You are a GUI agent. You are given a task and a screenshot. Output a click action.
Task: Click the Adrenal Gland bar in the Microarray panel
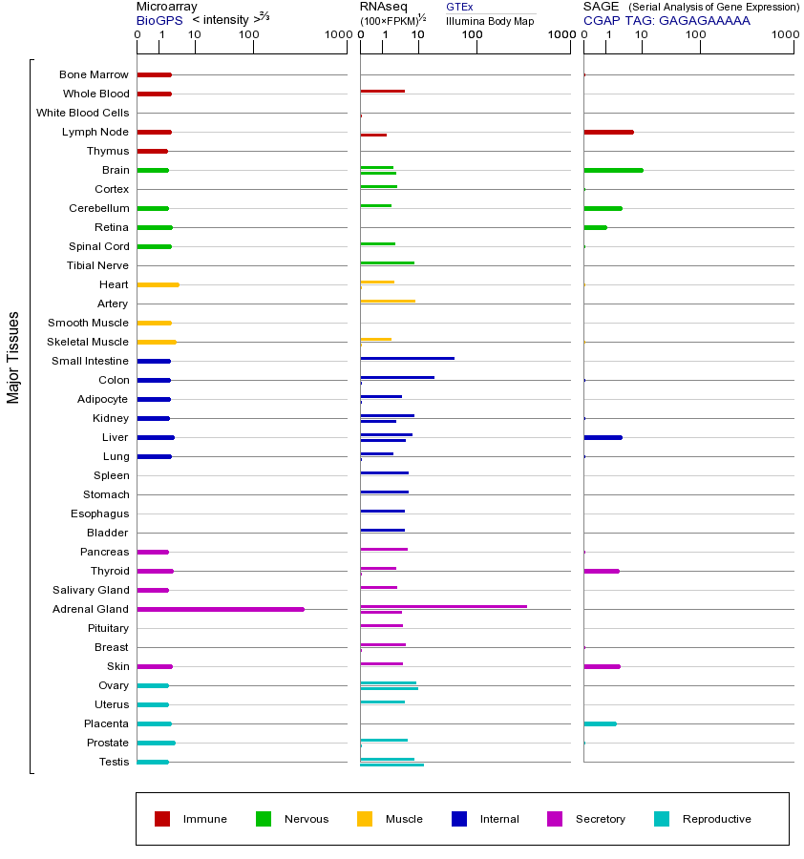pyautogui.click(x=221, y=609)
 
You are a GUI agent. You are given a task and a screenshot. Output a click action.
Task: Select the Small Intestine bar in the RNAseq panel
pyautogui.click(x=407, y=358)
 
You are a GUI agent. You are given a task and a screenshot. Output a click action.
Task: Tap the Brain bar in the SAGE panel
pyautogui.click(x=613, y=170)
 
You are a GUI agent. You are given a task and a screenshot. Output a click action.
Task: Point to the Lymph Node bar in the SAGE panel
pyautogui.click(x=608, y=132)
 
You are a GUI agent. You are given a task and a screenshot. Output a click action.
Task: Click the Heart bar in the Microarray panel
pyautogui.click(x=158, y=284)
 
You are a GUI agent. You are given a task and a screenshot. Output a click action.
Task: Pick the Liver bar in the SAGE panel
pyautogui.click(x=603, y=437)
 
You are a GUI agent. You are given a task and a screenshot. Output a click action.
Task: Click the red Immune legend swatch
pyautogui.click(x=162, y=819)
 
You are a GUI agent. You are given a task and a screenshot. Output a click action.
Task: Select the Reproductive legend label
pyautogui.click(x=716, y=819)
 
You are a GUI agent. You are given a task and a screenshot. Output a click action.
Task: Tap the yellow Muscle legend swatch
pyautogui.click(x=365, y=819)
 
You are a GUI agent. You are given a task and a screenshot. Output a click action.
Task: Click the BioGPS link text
pyautogui.click(x=158, y=20)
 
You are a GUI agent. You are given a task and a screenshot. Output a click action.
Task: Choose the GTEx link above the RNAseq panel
pyautogui.click(x=459, y=7)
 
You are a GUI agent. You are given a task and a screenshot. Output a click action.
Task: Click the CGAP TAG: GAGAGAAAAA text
pyautogui.click(x=666, y=20)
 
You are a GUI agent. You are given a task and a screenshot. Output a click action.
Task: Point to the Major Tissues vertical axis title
pyautogui.click(x=13, y=357)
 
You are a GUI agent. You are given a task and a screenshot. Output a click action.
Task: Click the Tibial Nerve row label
pyautogui.click(x=97, y=265)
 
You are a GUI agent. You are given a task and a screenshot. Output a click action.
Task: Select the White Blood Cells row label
pyautogui.click(x=82, y=113)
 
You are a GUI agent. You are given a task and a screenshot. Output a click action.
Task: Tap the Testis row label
pyautogui.click(x=114, y=762)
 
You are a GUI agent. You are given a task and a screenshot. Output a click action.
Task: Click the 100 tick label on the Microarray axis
pyautogui.click(x=249, y=35)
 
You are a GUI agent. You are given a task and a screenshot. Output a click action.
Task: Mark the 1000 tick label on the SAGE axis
pyautogui.click(x=784, y=35)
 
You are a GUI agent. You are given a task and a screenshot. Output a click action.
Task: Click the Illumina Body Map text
pyautogui.click(x=490, y=21)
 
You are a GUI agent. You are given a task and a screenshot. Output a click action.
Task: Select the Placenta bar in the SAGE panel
pyautogui.click(x=600, y=723)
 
